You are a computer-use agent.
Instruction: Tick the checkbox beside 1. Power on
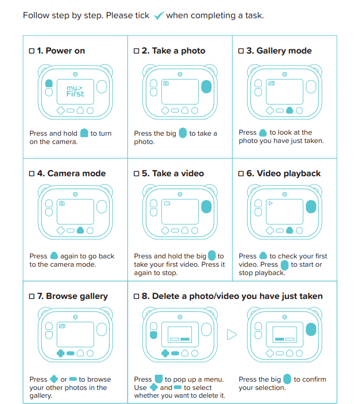32,51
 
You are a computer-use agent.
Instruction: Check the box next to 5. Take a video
136,173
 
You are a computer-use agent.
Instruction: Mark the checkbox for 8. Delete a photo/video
136,296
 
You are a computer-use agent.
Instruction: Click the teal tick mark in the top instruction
159,16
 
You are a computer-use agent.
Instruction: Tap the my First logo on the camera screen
75,92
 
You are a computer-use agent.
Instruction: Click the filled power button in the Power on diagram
49,83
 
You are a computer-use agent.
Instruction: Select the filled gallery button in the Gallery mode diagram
290,110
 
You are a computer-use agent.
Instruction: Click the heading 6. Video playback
284,173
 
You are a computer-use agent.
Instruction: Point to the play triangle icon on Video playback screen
271,203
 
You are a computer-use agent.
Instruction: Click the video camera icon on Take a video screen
167,203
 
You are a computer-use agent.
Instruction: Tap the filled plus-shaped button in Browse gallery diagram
60,353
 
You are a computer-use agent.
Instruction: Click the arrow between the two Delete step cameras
232,334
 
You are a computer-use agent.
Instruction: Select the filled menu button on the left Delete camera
153,335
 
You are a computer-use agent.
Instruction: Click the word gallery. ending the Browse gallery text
41,396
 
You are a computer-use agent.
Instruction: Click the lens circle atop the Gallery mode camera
285,74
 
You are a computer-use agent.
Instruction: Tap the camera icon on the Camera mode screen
62,203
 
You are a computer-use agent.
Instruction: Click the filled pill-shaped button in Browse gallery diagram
70,353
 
